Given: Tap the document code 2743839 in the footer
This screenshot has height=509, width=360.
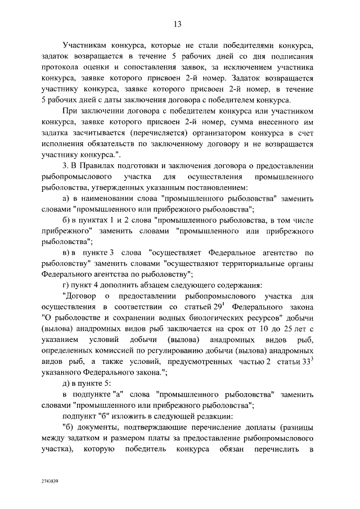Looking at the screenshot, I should point(49,483).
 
